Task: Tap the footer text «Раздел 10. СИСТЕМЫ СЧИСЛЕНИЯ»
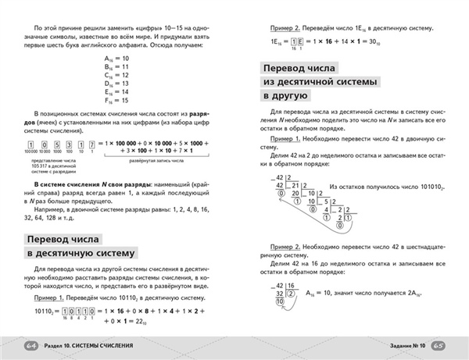tap(98, 345)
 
